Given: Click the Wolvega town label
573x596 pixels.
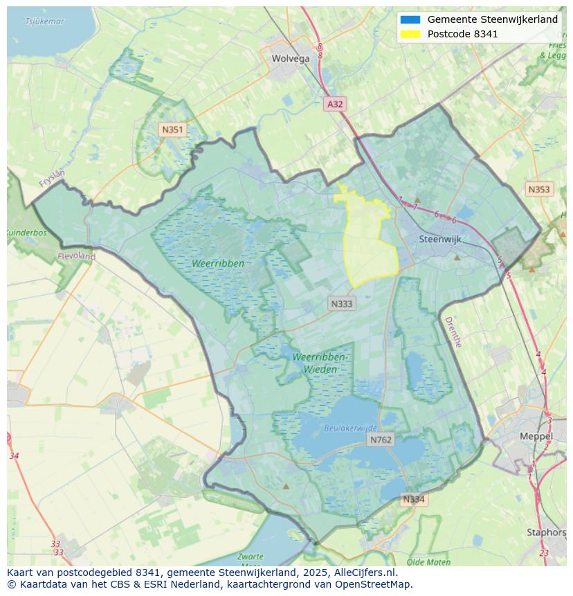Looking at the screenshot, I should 291,59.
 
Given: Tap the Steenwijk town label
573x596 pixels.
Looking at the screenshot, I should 440,239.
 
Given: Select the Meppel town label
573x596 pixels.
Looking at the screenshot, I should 536,436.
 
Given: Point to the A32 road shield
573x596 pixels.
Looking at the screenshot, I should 335,104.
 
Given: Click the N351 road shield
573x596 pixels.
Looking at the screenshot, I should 172,129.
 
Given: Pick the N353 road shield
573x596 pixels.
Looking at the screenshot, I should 538,189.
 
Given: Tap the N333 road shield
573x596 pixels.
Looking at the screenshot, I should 341,303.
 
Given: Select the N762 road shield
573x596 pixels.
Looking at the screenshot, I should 381,440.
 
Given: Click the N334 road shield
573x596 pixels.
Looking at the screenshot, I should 413,499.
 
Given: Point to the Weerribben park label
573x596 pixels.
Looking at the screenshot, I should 219,263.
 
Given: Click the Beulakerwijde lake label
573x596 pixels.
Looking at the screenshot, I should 351,428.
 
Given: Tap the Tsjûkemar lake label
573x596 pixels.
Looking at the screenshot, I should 44,21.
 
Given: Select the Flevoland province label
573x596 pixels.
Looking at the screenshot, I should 76,256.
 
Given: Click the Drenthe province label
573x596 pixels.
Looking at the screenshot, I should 453,332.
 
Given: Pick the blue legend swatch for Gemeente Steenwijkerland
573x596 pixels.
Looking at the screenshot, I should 410,19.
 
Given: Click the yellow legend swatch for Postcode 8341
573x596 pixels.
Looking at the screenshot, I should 410,34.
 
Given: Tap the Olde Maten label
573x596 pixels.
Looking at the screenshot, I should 428,562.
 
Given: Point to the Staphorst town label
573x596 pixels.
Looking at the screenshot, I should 546,532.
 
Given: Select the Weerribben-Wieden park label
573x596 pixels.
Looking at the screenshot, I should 319,363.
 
